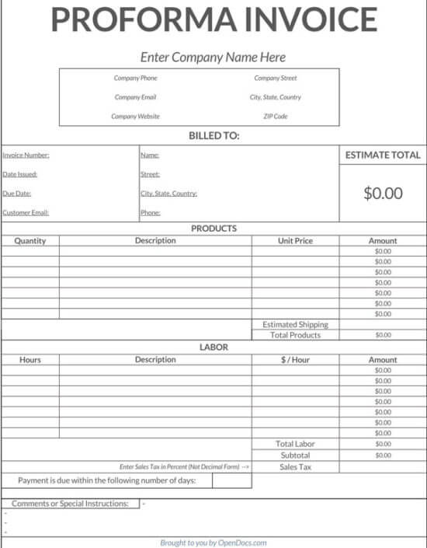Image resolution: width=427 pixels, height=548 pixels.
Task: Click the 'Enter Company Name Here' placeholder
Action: [213, 57]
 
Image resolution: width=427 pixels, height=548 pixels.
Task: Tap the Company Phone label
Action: [136, 78]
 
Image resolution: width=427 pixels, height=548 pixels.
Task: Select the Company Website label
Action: [136, 117]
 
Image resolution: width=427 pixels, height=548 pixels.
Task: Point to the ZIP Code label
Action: [276, 117]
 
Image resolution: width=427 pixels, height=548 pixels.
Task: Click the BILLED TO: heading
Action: [214, 136]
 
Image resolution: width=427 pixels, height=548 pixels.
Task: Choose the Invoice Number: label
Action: [26, 155]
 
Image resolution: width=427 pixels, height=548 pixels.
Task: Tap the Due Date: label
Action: [17, 194]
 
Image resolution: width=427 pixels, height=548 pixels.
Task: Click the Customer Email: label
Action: [26, 212]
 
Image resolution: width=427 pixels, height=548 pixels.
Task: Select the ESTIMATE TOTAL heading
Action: [383, 155]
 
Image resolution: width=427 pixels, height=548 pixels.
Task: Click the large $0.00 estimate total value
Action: [383, 194]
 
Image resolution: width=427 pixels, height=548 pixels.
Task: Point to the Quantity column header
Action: [30, 241]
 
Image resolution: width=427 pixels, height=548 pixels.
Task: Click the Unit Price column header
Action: [295, 241]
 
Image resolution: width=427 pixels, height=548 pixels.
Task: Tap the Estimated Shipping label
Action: [295, 324]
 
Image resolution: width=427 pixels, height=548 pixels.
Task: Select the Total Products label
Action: [295, 335]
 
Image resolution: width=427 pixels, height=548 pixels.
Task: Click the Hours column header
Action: [30, 360]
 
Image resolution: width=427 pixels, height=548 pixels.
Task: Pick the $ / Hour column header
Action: [295, 360]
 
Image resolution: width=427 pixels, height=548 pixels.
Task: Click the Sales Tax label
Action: [295, 467]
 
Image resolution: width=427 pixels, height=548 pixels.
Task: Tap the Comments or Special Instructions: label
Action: [70, 504]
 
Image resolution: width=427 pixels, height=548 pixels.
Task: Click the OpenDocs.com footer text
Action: [242, 543]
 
